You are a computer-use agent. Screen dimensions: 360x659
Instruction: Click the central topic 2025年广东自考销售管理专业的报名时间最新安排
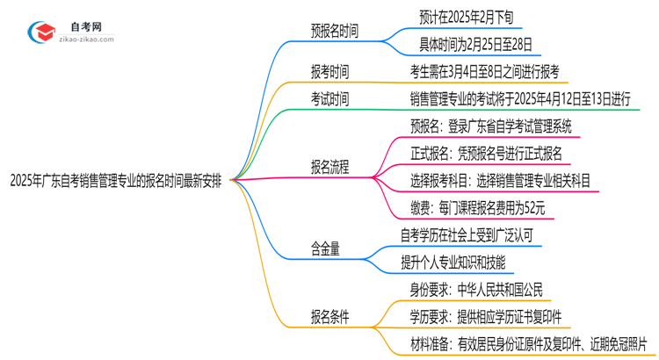121,181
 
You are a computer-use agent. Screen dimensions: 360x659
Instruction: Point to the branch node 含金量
324,249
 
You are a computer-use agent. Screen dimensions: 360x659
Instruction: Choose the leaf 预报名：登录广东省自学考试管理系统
493,126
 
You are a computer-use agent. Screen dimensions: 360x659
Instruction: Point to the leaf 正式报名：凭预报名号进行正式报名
486,153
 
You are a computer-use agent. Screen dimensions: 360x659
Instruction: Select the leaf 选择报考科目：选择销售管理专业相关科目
499,180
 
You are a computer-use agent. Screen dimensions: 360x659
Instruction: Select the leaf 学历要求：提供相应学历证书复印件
487,316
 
